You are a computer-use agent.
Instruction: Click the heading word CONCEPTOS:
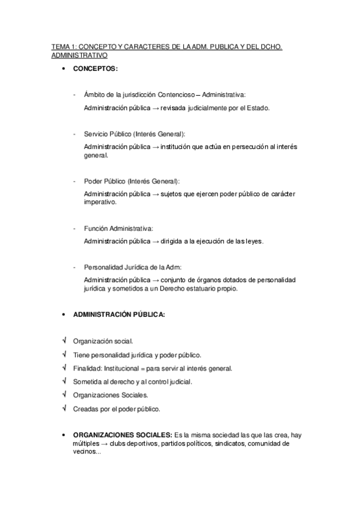96,69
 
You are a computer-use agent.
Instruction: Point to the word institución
192,147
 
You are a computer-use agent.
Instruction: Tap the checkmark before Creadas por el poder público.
63,409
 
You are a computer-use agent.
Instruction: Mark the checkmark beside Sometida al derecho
63,381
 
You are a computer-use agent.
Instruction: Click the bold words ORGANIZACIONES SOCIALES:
122,435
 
